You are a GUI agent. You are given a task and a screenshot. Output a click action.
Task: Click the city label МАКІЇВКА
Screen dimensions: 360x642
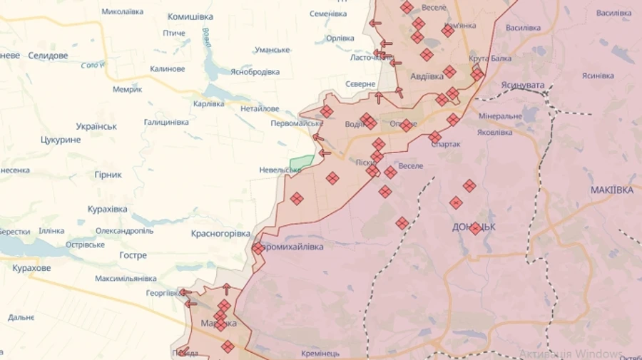(612, 190)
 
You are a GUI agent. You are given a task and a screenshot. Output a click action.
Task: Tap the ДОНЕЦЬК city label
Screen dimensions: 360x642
(474, 227)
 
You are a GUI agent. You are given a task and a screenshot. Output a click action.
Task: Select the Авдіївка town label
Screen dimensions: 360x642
(427, 76)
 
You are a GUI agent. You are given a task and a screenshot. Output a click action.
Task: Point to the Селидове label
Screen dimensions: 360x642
(48, 56)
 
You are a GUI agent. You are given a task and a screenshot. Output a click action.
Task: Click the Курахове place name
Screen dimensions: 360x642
(31, 268)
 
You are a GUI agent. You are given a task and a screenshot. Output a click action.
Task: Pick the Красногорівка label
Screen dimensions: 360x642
(221, 233)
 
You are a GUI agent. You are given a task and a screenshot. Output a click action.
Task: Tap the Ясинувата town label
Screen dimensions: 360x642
(522, 85)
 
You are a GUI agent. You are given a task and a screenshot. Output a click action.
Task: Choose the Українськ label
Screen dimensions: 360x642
(96, 126)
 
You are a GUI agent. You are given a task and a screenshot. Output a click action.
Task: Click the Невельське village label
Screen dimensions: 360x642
(280, 170)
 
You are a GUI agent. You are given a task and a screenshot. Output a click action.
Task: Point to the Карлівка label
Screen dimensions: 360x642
(208, 104)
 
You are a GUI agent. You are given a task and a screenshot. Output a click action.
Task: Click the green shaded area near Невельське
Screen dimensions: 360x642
(302, 162)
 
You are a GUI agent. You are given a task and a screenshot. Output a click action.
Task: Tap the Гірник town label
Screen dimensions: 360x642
(108, 175)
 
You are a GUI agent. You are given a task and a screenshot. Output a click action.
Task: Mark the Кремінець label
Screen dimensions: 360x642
(320, 353)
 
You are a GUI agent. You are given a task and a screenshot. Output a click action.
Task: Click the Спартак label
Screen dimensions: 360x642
(446, 144)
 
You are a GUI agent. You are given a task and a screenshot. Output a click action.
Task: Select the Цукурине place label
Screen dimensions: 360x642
(61, 140)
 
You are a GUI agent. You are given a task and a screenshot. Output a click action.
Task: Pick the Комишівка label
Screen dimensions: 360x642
(190, 16)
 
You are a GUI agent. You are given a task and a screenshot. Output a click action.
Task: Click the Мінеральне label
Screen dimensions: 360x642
(500, 116)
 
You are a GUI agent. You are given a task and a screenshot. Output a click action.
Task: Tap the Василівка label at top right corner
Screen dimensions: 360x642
(613, 13)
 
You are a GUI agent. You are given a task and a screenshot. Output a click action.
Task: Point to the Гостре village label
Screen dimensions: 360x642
(133, 255)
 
